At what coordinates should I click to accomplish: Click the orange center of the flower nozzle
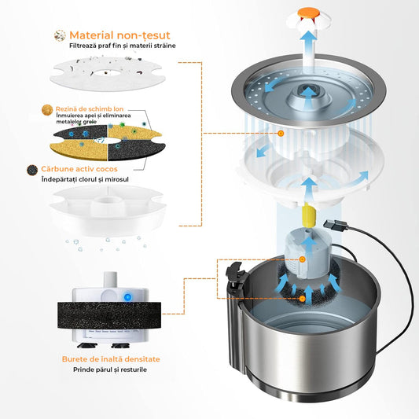tap(309, 13)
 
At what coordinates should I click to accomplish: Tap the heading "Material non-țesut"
tap(119, 35)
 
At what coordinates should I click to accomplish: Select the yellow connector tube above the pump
tap(308, 214)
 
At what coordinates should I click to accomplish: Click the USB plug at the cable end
tap(336, 225)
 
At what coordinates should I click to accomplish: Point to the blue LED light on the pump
tap(127, 296)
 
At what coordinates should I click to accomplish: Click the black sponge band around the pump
tap(109, 315)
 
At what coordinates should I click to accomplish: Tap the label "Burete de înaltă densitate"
tap(111, 359)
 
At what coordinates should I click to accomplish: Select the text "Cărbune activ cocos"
tap(79, 169)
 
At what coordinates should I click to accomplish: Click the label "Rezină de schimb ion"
tap(90, 108)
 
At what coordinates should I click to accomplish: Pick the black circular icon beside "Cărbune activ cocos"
tap(32, 170)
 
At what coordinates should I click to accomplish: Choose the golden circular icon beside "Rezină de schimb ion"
tap(47, 110)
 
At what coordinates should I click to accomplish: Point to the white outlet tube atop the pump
tap(110, 279)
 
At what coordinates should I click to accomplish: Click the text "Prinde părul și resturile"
tap(110, 369)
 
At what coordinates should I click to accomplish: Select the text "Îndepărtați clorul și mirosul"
tap(85, 179)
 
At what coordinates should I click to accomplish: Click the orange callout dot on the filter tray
tap(281, 133)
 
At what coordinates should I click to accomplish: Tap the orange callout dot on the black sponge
tap(302, 299)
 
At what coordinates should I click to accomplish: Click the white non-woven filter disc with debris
tap(108, 73)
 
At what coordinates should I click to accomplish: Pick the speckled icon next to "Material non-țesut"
tap(60, 35)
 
